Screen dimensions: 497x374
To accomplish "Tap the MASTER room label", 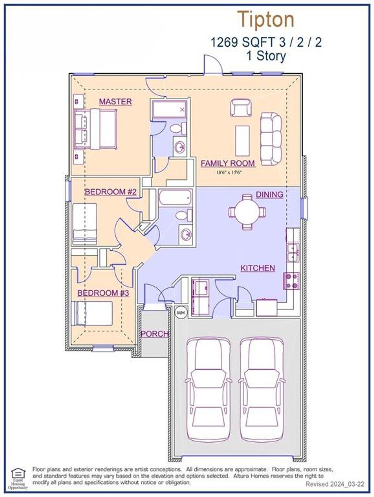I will click(x=115, y=101).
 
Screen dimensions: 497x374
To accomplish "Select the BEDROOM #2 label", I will click(x=110, y=192).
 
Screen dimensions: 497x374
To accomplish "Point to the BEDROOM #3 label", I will click(x=103, y=293).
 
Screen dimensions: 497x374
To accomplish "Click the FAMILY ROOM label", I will click(x=228, y=163).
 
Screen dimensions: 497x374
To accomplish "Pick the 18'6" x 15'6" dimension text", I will click(x=229, y=172).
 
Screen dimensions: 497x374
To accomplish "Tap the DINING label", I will click(x=269, y=194).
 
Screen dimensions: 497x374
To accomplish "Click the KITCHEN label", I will click(x=257, y=268).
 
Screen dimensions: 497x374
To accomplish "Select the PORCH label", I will click(x=155, y=334).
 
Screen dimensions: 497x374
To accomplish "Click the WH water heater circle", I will click(x=181, y=313).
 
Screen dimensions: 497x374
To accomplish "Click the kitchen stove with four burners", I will click(x=291, y=281).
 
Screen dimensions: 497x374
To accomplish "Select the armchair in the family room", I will click(x=241, y=108).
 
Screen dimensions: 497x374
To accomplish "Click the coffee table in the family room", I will click(x=242, y=141).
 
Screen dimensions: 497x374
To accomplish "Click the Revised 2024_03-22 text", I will click(x=335, y=484).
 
